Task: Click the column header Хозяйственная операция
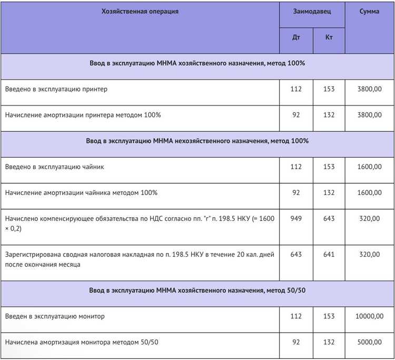tap(140, 11)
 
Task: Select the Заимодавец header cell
tap(312, 11)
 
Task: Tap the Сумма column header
tap(369, 11)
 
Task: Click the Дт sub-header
tap(296, 37)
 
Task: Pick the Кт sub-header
tap(329, 37)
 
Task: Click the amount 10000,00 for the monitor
tap(368, 316)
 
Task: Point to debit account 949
tap(296, 218)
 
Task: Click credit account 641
tap(329, 255)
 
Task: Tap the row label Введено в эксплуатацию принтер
tap(56, 89)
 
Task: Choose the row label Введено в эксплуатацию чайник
tap(54, 167)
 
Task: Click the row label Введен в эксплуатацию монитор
tap(55, 316)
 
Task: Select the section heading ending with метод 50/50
tap(197, 290)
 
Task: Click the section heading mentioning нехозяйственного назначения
tap(197, 141)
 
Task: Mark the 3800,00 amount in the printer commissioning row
tap(370, 89)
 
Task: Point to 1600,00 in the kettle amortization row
tap(370, 192)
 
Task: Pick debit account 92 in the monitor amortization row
tap(296, 342)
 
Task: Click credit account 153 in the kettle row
tap(329, 167)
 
